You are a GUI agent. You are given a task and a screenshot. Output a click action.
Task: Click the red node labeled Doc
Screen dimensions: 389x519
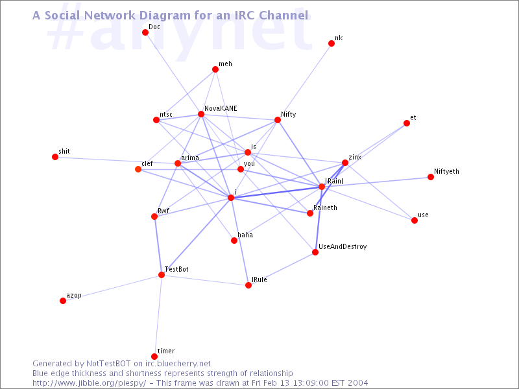145,32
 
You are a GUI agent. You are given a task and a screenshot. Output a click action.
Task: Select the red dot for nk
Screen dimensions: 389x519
332,43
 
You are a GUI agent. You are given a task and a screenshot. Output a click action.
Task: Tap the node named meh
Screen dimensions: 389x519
215,69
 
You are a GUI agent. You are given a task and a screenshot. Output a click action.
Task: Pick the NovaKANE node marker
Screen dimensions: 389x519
201,114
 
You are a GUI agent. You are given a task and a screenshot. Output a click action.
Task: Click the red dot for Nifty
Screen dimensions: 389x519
278,120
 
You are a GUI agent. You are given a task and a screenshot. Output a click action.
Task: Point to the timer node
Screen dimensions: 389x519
154,357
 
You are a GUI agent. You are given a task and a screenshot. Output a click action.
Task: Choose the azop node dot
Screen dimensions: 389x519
63,301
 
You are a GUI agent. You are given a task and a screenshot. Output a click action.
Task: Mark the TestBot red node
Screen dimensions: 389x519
162,275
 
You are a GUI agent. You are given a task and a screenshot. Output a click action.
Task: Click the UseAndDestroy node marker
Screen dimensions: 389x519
315,252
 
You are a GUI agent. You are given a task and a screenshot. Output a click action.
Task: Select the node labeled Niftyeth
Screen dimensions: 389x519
431,177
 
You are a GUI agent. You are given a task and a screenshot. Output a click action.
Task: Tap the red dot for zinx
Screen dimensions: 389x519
345,163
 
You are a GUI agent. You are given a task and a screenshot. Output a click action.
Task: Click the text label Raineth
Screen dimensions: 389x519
324,207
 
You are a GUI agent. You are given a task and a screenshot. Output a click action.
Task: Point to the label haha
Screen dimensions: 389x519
245,235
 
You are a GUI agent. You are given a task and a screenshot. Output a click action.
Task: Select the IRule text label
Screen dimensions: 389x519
259,280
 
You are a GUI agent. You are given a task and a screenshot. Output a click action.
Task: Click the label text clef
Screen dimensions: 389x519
147,163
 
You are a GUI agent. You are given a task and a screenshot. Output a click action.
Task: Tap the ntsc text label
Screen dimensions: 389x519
166,115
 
